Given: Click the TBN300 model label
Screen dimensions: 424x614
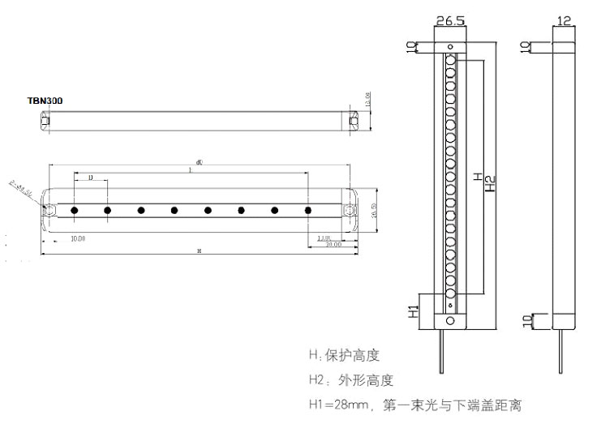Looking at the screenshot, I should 45,101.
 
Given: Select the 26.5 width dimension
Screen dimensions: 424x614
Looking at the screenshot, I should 449,19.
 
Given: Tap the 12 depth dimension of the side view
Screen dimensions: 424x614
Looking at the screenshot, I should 565,19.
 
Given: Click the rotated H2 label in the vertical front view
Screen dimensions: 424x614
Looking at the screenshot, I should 490,184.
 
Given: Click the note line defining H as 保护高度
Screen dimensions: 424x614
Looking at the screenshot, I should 344,355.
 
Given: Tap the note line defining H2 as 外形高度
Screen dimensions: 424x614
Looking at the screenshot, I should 350,379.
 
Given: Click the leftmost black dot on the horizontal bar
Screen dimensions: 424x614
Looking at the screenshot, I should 74,211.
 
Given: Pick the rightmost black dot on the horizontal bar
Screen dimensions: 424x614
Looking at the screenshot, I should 308,211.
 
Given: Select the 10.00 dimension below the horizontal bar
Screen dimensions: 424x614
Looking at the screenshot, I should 79,238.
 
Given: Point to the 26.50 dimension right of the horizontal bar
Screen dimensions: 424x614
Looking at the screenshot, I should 374,211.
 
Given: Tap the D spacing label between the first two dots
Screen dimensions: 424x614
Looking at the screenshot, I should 90,177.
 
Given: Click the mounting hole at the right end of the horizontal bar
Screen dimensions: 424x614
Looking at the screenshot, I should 348,211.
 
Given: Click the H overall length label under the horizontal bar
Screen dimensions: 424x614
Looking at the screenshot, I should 199,252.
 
